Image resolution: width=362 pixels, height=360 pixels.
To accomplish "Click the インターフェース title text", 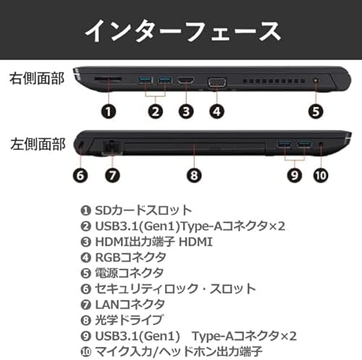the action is point(183,31).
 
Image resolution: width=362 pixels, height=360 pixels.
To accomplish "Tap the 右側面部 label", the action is point(37,78).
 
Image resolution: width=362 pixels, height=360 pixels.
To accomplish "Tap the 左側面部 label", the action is point(38,144).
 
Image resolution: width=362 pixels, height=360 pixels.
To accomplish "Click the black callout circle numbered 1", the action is point(109,112).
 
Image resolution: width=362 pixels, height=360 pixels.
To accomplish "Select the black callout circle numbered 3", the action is point(186,112).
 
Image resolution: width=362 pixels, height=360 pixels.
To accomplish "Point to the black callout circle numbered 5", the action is point(316,112).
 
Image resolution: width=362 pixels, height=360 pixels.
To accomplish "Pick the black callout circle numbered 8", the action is point(194,175).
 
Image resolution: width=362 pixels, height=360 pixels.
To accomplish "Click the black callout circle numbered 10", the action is point(321,175).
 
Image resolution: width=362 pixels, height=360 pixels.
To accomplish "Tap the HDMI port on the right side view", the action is point(185,80).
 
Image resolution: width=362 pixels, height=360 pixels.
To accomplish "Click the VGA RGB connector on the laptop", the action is point(217,82).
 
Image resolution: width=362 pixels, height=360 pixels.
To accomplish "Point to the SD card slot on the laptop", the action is point(108,79).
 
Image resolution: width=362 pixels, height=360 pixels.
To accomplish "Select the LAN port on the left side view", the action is point(111,146).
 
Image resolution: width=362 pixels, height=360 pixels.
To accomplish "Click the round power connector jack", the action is point(316,80).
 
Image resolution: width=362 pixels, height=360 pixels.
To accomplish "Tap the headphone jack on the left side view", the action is point(321,144).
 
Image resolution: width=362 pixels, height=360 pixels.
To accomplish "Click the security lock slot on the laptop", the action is point(81,144).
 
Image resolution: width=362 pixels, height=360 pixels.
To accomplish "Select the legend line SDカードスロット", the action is point(136,210).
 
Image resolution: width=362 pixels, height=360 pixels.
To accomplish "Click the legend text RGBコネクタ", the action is point(130,257).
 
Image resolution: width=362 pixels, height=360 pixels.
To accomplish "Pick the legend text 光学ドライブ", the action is point(129,320).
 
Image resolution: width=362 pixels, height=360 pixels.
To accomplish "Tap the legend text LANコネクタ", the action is point(130,304).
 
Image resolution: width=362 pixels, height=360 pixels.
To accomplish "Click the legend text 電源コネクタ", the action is point(130,273).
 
